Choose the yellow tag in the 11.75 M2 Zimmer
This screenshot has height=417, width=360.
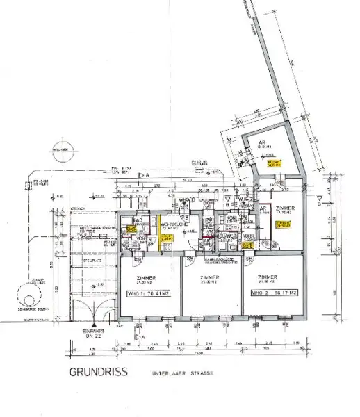click(x=282, y=224)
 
